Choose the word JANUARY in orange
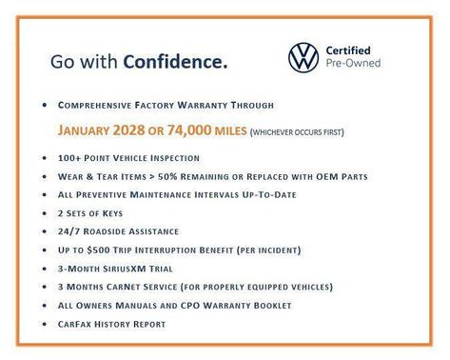tap(91, 130)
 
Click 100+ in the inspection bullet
tap(69, 157)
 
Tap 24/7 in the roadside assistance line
tap(70, 231)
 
